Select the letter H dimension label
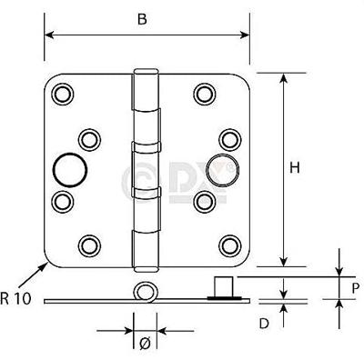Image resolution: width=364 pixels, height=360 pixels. tap(294, 167)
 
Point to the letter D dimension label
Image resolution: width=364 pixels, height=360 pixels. tap(264, 322)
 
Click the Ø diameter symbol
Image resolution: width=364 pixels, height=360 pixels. tap(144, 343)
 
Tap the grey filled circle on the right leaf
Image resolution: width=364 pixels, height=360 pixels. tap(218, 168)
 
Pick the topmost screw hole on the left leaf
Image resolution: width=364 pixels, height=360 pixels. tap(62, 93)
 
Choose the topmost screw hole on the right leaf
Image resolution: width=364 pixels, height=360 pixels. tap(201, 93)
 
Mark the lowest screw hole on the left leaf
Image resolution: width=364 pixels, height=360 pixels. tap(89, 244)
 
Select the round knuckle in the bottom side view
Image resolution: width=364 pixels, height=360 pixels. tap(143, 292)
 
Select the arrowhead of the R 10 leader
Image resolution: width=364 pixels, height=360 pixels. tap(49, 261)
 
